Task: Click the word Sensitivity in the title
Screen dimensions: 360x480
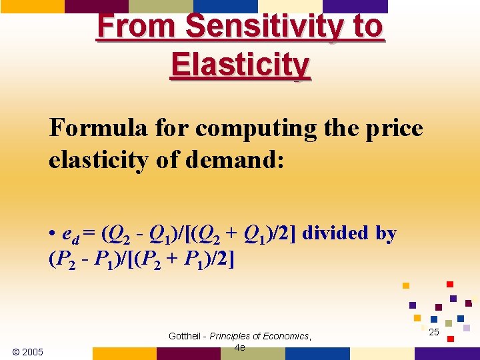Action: (266, 27)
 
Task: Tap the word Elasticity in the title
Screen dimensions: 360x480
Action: (240, 65)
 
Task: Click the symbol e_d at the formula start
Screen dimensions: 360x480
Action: (67, 235)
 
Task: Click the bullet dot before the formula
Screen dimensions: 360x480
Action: (52, 234)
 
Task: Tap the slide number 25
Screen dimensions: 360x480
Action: (434, 331)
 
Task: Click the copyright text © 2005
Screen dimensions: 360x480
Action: (28, 351)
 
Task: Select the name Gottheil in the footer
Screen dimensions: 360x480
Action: (186, 336)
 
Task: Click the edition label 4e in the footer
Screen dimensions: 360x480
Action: (240, 347)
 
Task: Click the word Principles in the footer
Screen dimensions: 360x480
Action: (233, 336)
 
